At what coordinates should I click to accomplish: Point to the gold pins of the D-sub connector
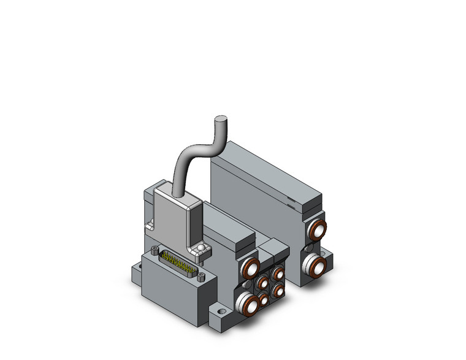[x=174, y=262]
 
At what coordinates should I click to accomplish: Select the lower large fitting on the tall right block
[x=316, y=266]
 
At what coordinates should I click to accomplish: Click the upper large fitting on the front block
[x=250, y=268]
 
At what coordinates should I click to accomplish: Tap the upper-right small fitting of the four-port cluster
[x=278, y=274]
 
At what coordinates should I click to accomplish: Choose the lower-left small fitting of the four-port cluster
[x=264, y=300]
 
